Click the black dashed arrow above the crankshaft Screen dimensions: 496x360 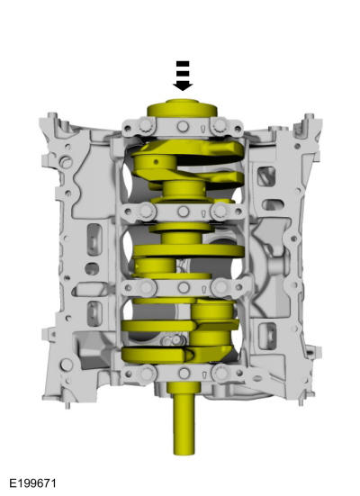click(183, 77)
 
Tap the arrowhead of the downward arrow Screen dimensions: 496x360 click(183, 86)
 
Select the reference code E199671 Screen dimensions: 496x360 click(34, 484)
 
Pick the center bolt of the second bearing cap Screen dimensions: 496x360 click(183, 213)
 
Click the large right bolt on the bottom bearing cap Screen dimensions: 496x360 click(220, 371)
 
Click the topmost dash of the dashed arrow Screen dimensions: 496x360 click(183, 63)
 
